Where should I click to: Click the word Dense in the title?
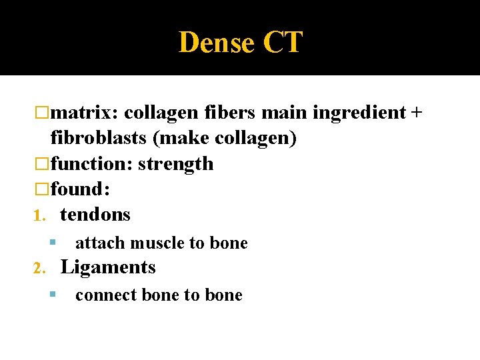(217, 43)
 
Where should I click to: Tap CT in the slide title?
(283, 43)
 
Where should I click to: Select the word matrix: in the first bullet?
(85, 113)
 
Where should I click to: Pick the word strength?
(175, 164)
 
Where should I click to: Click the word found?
(80, 189)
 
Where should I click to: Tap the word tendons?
(95, 215)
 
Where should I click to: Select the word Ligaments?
(108, 267)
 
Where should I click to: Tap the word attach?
(100, 243)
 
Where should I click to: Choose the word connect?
(105, 295)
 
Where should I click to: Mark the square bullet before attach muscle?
(53, 243)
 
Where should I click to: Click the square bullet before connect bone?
(53, 295)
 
